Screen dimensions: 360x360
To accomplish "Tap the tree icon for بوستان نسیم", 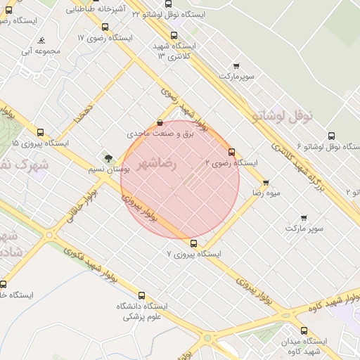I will [108, 159].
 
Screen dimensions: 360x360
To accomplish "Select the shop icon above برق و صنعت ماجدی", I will [160, 122].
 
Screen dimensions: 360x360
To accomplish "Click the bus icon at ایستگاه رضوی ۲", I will [231, 152].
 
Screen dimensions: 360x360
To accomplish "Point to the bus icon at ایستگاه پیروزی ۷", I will [193, 244].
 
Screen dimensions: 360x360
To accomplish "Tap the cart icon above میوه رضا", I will [266, 183].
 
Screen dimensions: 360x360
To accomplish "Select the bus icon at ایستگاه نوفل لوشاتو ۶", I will [330, 136].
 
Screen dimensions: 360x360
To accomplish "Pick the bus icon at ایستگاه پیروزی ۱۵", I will [39, 131].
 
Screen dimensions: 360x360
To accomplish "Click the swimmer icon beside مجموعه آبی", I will [43, 41].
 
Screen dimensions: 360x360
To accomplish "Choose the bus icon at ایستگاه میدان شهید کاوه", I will [304, 330].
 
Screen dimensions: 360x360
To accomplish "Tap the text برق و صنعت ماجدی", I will [160, 133].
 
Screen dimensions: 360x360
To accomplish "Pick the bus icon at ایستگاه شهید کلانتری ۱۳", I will [174, 35].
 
